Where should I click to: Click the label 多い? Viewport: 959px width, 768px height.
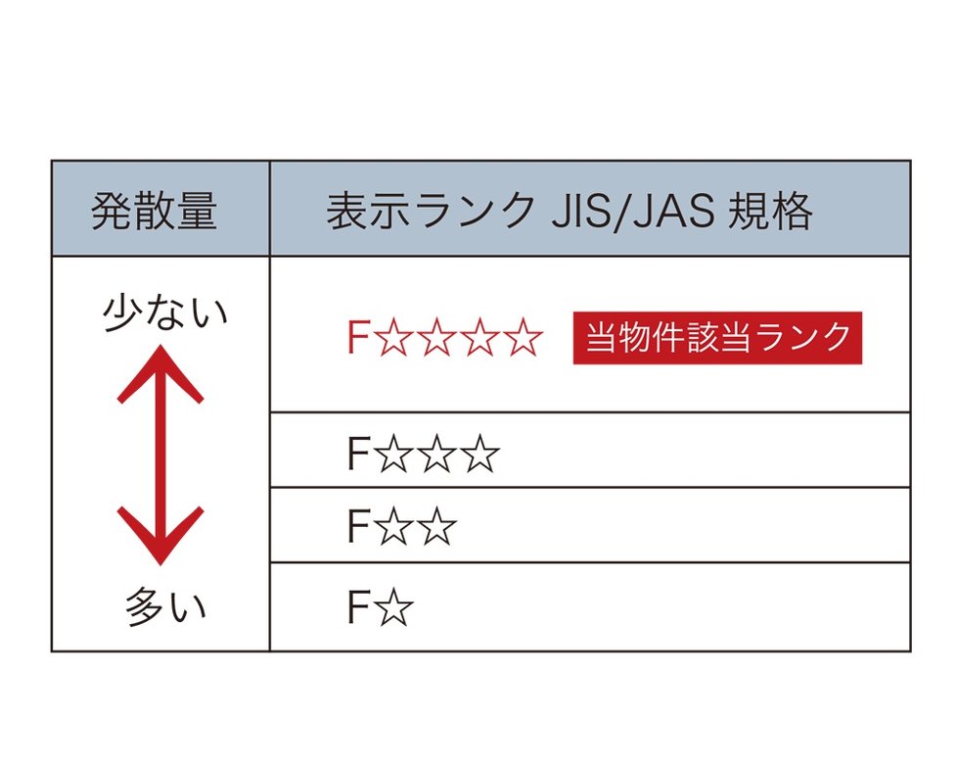point(165,607)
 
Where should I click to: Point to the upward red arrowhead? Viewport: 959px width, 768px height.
point(160,373)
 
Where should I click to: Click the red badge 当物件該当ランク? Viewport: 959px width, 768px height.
point(717,338)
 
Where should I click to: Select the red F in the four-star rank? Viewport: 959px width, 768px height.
point(357,338)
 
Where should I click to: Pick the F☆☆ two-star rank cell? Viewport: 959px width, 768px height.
point(401,528)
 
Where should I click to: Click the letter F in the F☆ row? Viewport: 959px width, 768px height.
point(357,608)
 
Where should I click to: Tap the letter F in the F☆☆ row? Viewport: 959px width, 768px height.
point(357,528)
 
